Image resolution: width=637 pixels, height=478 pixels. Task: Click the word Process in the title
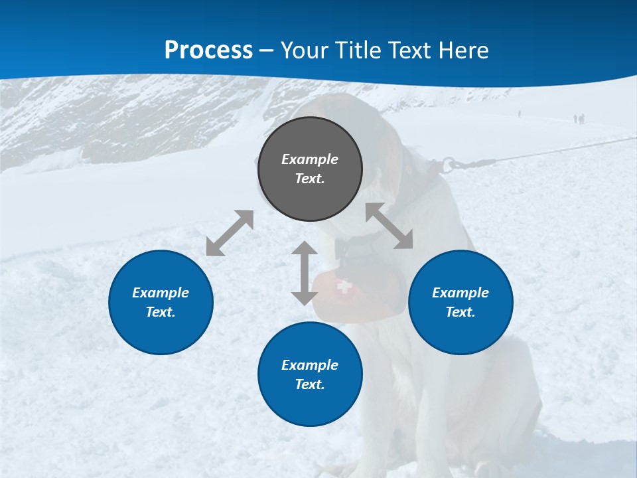click(x=208, y=50)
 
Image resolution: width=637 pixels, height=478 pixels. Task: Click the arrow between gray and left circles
click(x=230, y=233)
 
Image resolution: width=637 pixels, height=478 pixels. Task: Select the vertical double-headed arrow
click(x=305, y=273)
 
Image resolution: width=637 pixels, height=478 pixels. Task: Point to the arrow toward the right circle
click(x=389, y=226)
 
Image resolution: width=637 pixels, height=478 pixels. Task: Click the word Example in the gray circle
click(x=310, y=159)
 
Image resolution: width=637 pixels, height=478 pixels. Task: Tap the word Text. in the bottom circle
click(x=310, y=384)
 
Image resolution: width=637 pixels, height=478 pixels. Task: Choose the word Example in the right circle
click(x=460, y=293)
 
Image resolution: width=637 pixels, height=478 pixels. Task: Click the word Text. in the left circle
click(x=161, y=312)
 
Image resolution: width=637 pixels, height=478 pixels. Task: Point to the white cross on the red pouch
click(x=343, y=286)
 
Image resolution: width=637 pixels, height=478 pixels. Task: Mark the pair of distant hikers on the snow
click(x=579, y=119)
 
